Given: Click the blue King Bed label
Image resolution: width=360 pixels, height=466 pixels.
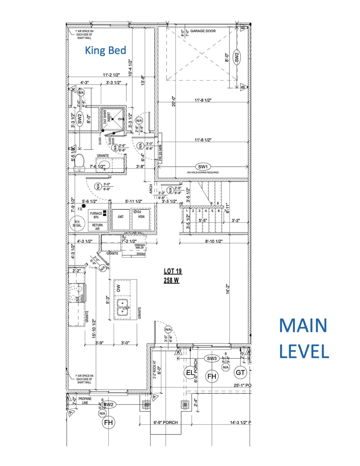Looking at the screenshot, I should [x=105, y=51].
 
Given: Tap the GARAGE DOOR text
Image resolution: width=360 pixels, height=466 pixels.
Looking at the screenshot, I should [x=203, y=31].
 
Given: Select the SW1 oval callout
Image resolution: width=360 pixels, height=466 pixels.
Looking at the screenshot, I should [x=203, y=167].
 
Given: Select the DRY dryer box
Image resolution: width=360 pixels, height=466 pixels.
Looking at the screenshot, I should [x=120, y=217].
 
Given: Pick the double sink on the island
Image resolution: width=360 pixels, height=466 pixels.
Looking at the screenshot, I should [x=123, y=307].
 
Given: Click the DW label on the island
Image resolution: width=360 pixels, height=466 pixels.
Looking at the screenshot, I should [x=118, y=288].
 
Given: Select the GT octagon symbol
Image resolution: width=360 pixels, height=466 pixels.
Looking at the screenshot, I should [x=240, y=372].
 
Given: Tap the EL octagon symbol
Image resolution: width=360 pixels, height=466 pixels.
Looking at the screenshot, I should [x=190, y=373].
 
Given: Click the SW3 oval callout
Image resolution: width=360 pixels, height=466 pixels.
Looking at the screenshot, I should [x=212, y=358].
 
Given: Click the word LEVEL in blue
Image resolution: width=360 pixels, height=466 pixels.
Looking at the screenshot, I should [x=304, y=352].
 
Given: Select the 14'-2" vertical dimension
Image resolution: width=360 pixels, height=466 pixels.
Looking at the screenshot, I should [x=228, y=289].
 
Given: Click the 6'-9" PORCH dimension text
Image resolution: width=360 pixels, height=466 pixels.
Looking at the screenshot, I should [x=166, y=422].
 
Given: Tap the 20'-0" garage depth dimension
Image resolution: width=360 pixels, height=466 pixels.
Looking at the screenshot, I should [x=173, y=101].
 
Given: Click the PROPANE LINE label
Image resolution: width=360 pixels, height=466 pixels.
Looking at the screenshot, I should [x=85, y=401].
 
